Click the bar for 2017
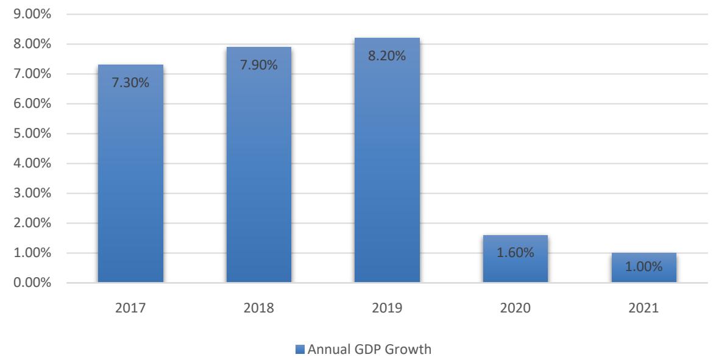pos(130,183)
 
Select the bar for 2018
pos(258,177)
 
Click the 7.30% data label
pos(130,83)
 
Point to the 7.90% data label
pos(258,65)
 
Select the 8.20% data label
pos(387,56)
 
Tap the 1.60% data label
pos(516,253)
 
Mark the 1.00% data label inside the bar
pos(644,267)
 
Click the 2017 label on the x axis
pos(130,309)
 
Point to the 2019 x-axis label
pos(387,309)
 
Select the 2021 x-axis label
pos(644,309)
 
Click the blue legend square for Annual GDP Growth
pos(299,350)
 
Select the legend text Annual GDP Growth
pos(369,350)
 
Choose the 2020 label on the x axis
pos(516,309)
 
